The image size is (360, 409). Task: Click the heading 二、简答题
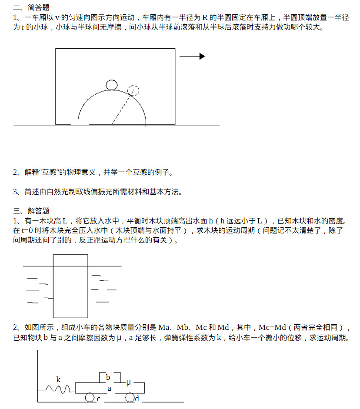[31, 7]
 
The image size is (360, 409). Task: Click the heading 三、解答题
[31, 211]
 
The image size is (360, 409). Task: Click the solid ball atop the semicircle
[111, 84]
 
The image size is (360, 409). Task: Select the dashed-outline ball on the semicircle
[134, 90]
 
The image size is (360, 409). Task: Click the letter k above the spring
[58, 379]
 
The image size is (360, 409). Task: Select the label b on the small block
[108, 377]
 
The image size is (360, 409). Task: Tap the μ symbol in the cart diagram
[128, 382]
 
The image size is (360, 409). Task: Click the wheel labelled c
[90, 397]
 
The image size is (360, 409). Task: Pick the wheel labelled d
[130, 397]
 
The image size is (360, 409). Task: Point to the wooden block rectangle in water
[70, 286]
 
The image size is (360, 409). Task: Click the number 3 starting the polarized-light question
[15, 192]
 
